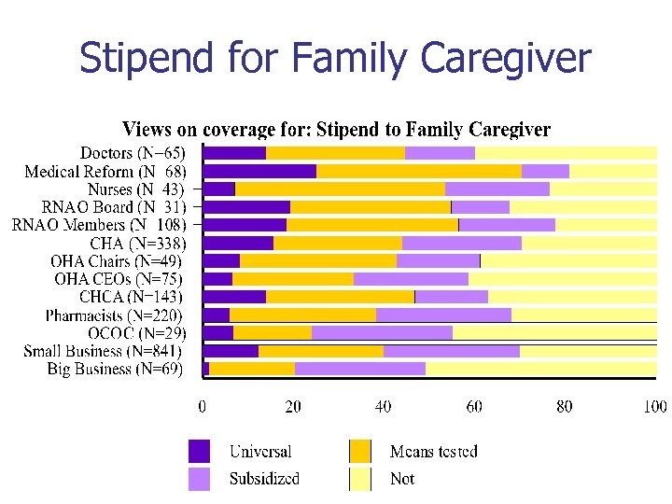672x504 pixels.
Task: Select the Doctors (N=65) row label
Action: click(133, 153)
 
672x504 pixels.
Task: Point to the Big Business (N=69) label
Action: click(116, 370)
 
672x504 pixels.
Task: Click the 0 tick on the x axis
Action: click(203, 407)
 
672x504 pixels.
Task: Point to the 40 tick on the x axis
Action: click(384, 407)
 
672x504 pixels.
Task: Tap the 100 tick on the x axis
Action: click(654, 407)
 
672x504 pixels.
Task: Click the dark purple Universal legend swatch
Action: click(200, 452)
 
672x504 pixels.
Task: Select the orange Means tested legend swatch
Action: click(360, 452)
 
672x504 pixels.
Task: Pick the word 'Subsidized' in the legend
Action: click(264, 479)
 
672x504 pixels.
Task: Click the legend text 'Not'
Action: click(402, 479)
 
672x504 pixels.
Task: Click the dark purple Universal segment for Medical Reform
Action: click(259, 171)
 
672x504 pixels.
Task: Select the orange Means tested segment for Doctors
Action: click(335, 153)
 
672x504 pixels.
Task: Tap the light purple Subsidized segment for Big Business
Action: click(360, 370)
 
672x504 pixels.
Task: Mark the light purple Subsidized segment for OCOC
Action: click(382, 333)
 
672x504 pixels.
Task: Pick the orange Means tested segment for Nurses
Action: click(340, 189)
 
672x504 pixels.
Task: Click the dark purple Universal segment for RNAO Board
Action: click(246, 207)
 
